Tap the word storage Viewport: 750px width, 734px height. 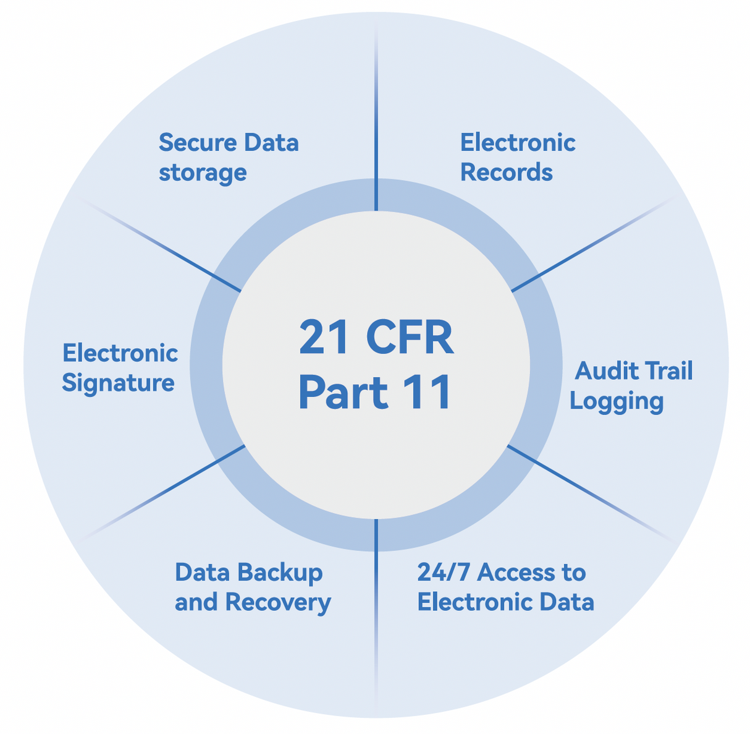pyautogui.click(x=203, y=173)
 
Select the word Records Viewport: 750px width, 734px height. pyautogui.click(x=506, y=173)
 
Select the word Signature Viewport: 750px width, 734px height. pyautogui.click(x=118, y=383)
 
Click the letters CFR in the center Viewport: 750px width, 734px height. pyautogui.click(x=410, y=338)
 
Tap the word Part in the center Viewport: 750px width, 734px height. pyautogui.click(x=343, y=392)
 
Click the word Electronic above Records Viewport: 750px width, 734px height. pyautogui.click(x=518, y=143)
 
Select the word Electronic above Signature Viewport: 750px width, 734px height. pyautogui.click(x=120, y=354)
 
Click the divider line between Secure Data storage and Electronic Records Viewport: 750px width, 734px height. pyautogui.click(x=376, y=124)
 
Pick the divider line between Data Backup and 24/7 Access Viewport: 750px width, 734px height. pyautogui.click(x=376, y=606)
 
